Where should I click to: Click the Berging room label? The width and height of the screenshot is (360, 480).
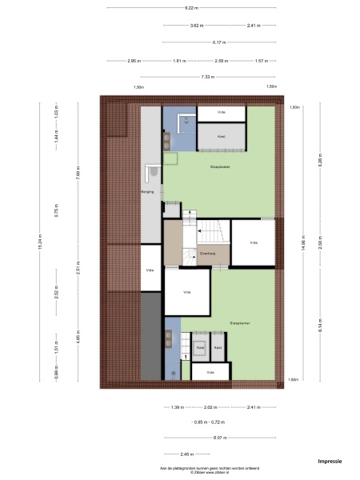(147, 193)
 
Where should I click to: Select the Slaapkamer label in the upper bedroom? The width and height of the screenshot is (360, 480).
(220, 168)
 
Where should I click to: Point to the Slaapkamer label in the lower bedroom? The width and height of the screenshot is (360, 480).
(240, 324)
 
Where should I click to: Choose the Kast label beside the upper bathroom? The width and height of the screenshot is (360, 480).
(221, 137)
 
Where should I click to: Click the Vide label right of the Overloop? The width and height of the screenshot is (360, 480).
(253, 242)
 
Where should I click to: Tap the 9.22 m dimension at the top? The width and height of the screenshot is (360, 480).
(190, 9)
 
